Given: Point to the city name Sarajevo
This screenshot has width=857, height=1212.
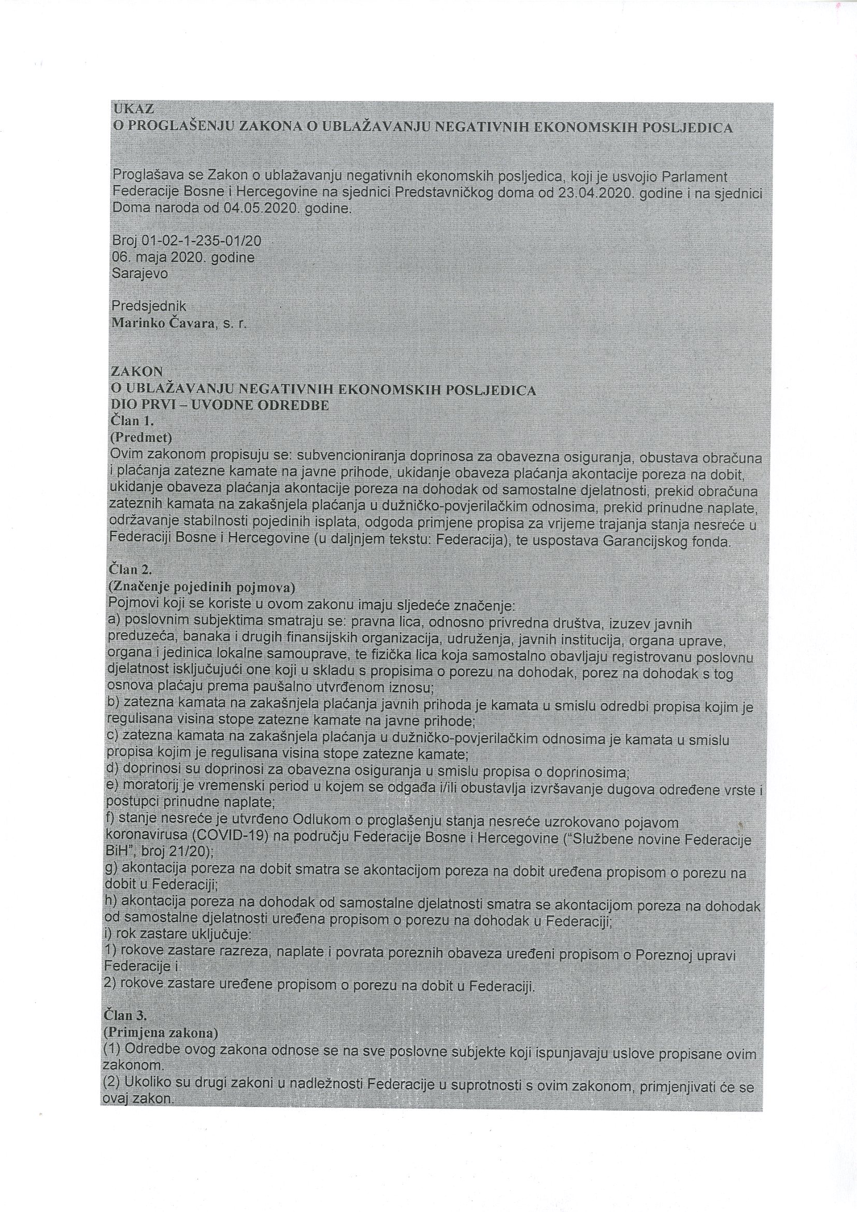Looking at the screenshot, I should pos(140,274).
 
